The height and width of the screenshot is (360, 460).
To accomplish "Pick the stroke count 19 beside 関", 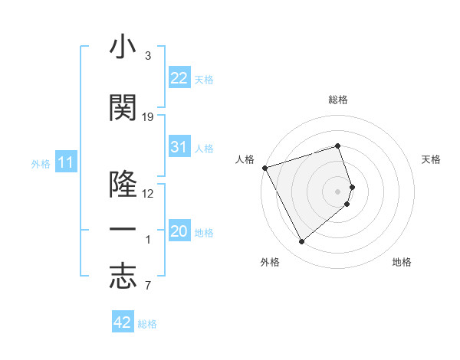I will tap(148, 117).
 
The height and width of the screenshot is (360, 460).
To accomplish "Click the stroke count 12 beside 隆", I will tap(148, 193).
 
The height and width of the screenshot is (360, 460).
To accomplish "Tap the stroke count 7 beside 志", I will tap(148, 286).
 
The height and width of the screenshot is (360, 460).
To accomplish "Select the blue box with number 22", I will tap(179, 78).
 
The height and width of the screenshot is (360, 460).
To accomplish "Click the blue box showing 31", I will tap(179, 147).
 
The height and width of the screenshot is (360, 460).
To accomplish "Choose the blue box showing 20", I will tap(179, 232).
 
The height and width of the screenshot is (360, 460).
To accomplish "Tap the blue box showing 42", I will tap(123, 322).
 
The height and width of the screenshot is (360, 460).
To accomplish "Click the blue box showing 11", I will tap(65, 162).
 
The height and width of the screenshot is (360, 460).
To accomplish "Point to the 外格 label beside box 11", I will tap(41, 163).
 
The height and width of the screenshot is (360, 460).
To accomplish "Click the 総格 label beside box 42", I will tap(147, 324).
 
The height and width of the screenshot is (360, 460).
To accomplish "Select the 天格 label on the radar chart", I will tap(432, 159).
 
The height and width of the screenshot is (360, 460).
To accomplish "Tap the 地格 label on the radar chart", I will tap(402, 262).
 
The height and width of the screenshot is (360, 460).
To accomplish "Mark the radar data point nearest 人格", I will tap(264, 168).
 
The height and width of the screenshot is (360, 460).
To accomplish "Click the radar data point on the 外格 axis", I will tap(301, 242).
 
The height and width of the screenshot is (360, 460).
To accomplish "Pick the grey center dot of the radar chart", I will tap(338, 191).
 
